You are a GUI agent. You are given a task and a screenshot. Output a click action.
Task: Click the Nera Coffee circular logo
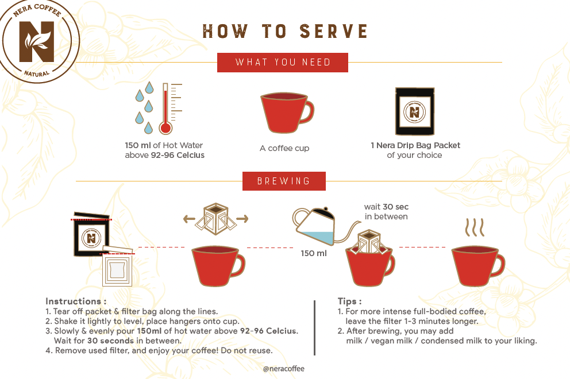[x=38, y=41]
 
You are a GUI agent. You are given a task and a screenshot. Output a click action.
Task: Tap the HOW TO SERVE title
[x=285, y=31]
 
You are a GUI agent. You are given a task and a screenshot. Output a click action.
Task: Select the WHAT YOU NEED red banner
[x=283, y=63]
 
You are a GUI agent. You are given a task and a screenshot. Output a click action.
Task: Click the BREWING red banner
[x=284, y=181]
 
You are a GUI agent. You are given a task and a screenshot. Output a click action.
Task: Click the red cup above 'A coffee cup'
[x=287, y=113]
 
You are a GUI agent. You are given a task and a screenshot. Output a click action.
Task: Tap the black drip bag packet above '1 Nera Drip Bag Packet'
[x=415, y=111]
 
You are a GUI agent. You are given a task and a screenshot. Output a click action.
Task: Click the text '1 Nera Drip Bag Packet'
[x=415, y=145]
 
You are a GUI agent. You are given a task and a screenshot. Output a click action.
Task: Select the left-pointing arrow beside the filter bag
[x=189, y=219]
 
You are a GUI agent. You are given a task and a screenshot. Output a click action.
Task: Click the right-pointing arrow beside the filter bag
[x=242, y=219]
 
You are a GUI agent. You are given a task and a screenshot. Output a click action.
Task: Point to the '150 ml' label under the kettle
[x=313, y=253]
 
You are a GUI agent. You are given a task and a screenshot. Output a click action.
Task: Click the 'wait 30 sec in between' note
[x=386, y=211]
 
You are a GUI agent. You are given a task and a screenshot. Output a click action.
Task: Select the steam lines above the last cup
[x=475, y=227]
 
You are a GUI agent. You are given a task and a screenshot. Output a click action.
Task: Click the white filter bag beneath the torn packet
[x=117, y=268]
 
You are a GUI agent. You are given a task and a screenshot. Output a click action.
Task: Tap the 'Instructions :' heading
[x=76, y=301]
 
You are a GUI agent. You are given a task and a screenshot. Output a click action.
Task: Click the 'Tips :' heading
[x=350, y=301]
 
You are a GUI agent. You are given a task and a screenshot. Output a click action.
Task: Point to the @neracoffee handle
[x=283, y=369]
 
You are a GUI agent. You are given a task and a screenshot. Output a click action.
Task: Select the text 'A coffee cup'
[x=284, y=148]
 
